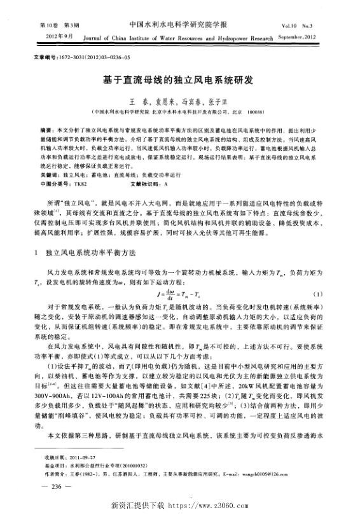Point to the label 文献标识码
pos(144,183)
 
